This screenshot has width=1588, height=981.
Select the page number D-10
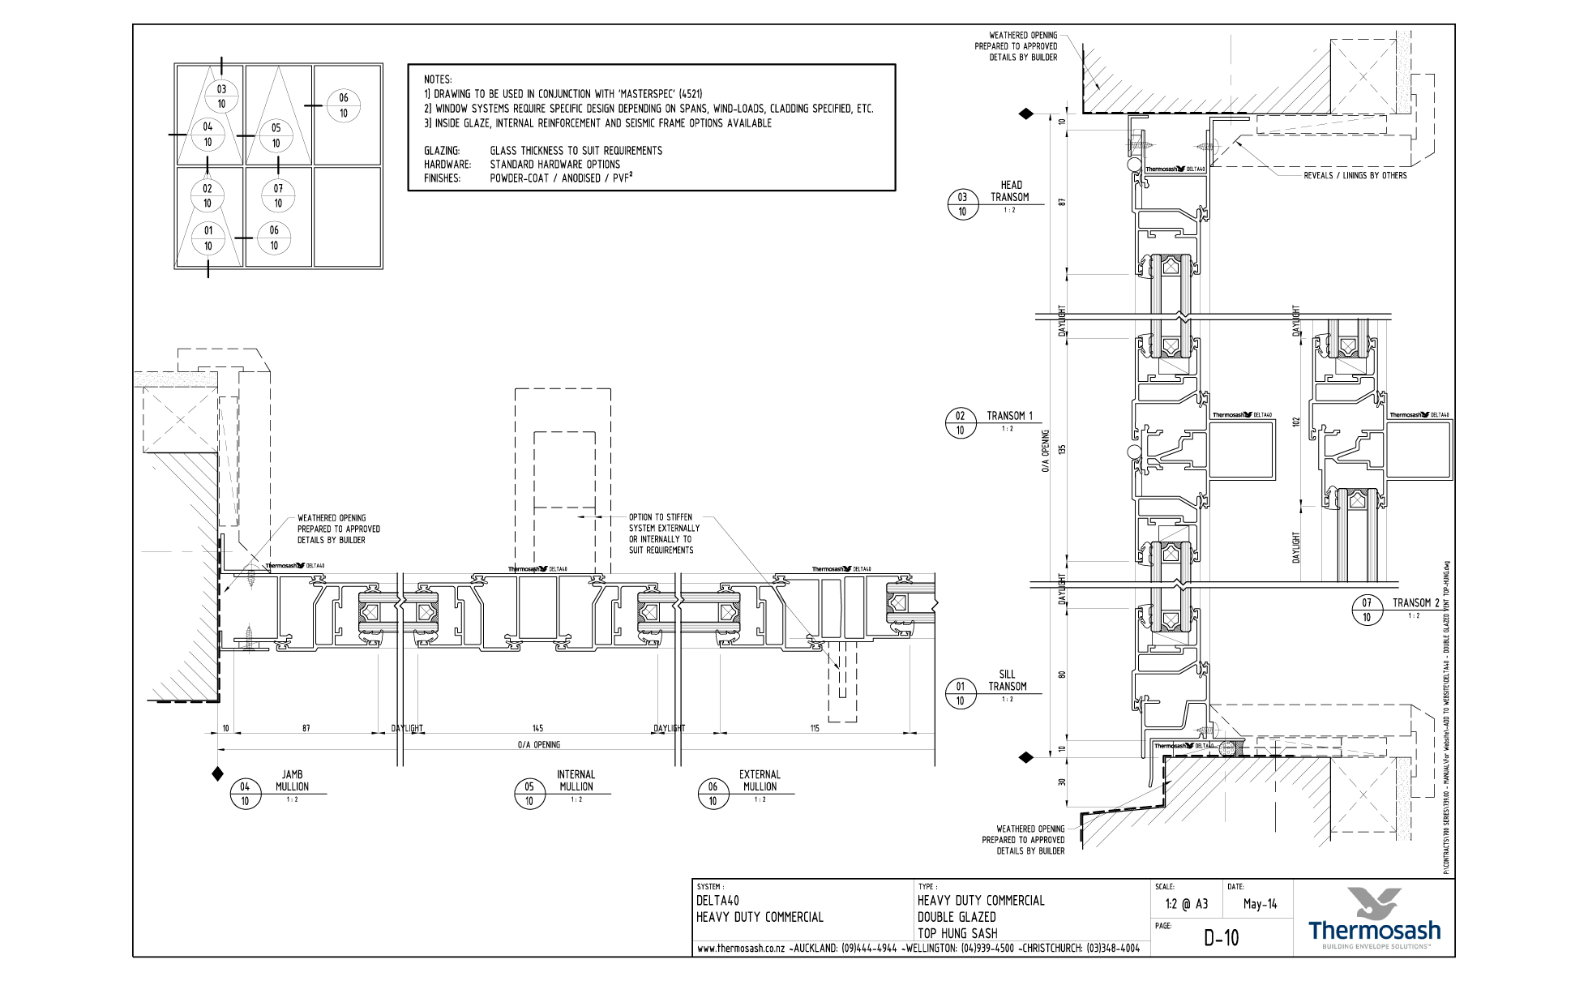coord(1221,938)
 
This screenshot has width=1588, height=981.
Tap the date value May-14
coord(1260,904)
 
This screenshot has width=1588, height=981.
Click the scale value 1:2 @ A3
coord(1186,904)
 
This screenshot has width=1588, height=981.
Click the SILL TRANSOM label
coord(1007,681)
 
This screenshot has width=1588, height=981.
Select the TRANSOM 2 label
coord(1415,603)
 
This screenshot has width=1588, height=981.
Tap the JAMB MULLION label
coord(292,781)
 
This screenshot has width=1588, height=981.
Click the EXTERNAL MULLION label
coord(760,781)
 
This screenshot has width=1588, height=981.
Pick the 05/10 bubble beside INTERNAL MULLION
coord(529,794)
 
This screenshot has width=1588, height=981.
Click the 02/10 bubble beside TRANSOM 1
coord(961,423)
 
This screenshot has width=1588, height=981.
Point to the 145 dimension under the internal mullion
coord(537,729)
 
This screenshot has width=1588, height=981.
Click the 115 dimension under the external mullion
coord(814,729)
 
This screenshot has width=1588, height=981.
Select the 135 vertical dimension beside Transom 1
coord(1063,449)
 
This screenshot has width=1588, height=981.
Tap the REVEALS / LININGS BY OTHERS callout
coord(1355,176)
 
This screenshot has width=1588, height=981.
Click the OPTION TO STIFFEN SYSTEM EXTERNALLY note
coord(663,533)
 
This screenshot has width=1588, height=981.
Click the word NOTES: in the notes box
coord(438,79)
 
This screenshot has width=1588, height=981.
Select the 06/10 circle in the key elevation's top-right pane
coord(344,105)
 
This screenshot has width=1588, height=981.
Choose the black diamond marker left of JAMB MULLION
coord(217,774)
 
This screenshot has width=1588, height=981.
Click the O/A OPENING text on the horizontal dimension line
coord(538,744)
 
